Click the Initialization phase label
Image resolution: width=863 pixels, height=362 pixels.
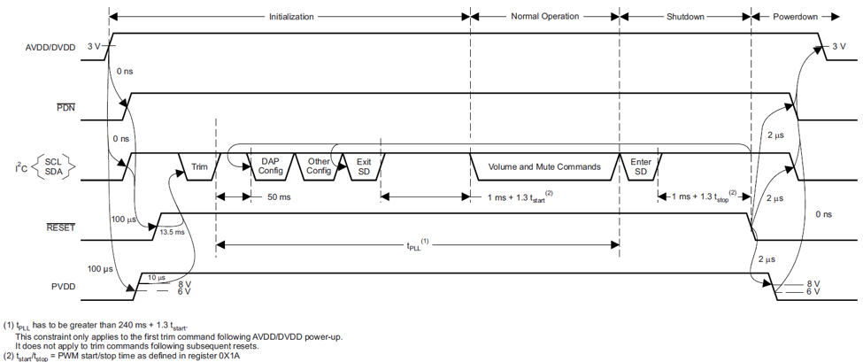[290, 16]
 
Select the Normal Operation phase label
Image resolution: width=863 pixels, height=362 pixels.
[545, 16]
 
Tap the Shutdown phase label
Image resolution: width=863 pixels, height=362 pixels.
[685, 16]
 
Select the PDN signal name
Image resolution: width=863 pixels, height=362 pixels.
[65, 108]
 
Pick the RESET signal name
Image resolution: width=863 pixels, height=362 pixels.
[61, 227]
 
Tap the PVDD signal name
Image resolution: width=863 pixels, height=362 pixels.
[63, 287]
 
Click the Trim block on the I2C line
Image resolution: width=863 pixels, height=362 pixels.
[199, 166]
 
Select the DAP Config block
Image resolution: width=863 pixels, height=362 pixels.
[270, 166]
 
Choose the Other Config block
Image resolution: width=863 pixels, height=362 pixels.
[318, 166]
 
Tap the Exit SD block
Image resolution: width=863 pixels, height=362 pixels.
[364, 166]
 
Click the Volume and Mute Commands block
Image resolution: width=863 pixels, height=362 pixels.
[544, 166]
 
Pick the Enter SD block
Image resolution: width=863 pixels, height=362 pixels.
[641, 166]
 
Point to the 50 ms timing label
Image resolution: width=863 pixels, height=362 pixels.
[280, 196]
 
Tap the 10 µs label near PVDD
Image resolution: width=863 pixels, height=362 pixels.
[157, 278]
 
